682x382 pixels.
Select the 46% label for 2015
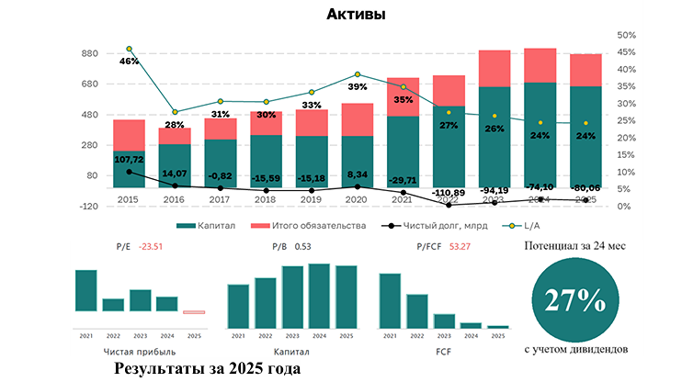pyautogui.click(x=129, y=62)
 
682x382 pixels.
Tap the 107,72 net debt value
pyautogui.click(x=129, y=160)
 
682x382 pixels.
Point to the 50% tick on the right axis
pyautogui.click(x=628, y=35)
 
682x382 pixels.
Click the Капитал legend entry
pyautogui.click(x=208, y=224)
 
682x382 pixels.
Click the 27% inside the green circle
pyautogui.click(x=574, y=299)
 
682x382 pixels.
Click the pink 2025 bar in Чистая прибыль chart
pyautogui.click(x=193, y=312)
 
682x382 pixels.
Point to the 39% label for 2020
pyautogui.click(x=358, y=86)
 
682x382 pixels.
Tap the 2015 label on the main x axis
pyautogui.click(x=129, y=197)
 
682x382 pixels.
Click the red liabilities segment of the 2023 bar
pyautogui.click(x=495, y=68)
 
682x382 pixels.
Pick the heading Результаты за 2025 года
pyautogui.click(x=207, y=367)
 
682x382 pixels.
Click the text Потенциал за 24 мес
pyautogui.click(x=574, y=246)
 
